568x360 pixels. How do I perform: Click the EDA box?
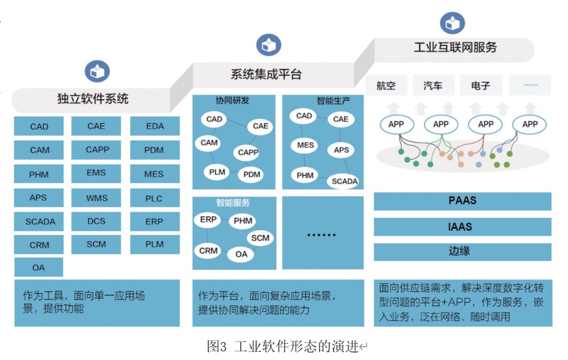pos(155,126)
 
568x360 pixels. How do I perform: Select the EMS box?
pos(96,173)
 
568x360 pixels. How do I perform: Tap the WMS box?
pos(96,198)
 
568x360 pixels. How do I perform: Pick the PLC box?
pos(155,198)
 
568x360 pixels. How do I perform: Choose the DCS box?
pos(96,221)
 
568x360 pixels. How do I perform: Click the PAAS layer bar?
pos(462,201)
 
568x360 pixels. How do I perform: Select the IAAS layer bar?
pos(462,227)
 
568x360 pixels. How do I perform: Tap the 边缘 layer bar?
pos(462,252)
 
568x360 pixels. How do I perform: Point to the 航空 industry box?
pos(386,86)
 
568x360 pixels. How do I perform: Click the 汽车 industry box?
pos(433,86)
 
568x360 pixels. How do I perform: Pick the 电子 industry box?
pos(480,86)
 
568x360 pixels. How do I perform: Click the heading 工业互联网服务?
pos(455,48)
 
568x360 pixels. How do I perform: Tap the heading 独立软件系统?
pos(93,99)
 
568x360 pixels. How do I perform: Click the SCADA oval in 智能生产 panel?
pos(345,181)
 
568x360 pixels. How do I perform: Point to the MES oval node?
pos(306,145)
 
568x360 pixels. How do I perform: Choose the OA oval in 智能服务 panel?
pos(241,253)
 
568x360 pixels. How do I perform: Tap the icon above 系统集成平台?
pos(269,45)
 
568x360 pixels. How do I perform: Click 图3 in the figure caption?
pos(216,346)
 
